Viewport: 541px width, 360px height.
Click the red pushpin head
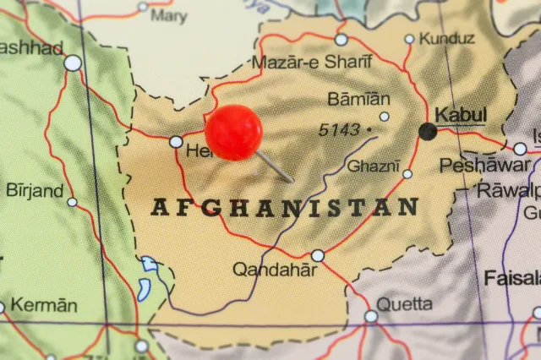click(x=233, y=133)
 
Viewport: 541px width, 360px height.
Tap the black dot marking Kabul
click(x=428, y=131)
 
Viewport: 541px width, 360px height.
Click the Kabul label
click(x=461, y=114)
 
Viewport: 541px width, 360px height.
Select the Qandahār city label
click(x=275, y=270)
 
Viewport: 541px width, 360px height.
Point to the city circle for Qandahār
click(x=318, y=255)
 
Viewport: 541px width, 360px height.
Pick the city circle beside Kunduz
click(x=410, y=39)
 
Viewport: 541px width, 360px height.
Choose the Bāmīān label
click(x=359, y=99)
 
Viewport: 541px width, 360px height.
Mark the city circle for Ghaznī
click(x=407, y=174)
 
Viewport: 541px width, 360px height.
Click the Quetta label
click(x=405, y=303)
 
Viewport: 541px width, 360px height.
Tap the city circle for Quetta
click(x=371, y=316)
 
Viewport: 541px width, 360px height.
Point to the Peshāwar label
click(x=484, y=166)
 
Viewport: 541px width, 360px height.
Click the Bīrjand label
click(x=35, y=190)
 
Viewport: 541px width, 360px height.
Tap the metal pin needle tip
click(x=292, y=181)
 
